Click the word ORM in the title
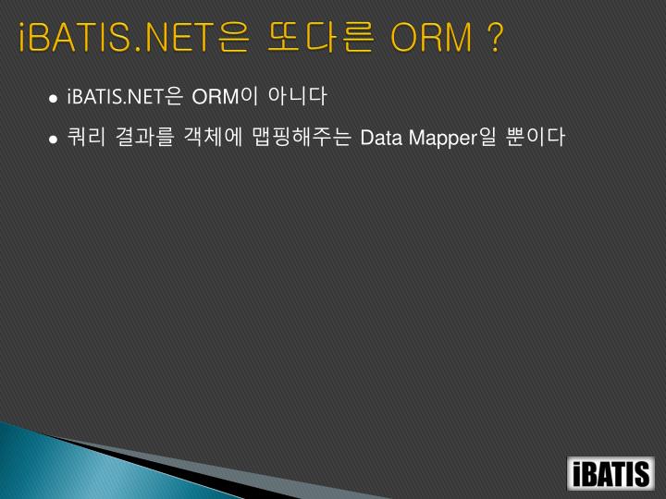(430, 40)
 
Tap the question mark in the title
(495, 40)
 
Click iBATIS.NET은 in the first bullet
(124, 97)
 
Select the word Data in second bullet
(378, 139)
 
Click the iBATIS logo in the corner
(611, 473)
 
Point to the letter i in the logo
(577, 474)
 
